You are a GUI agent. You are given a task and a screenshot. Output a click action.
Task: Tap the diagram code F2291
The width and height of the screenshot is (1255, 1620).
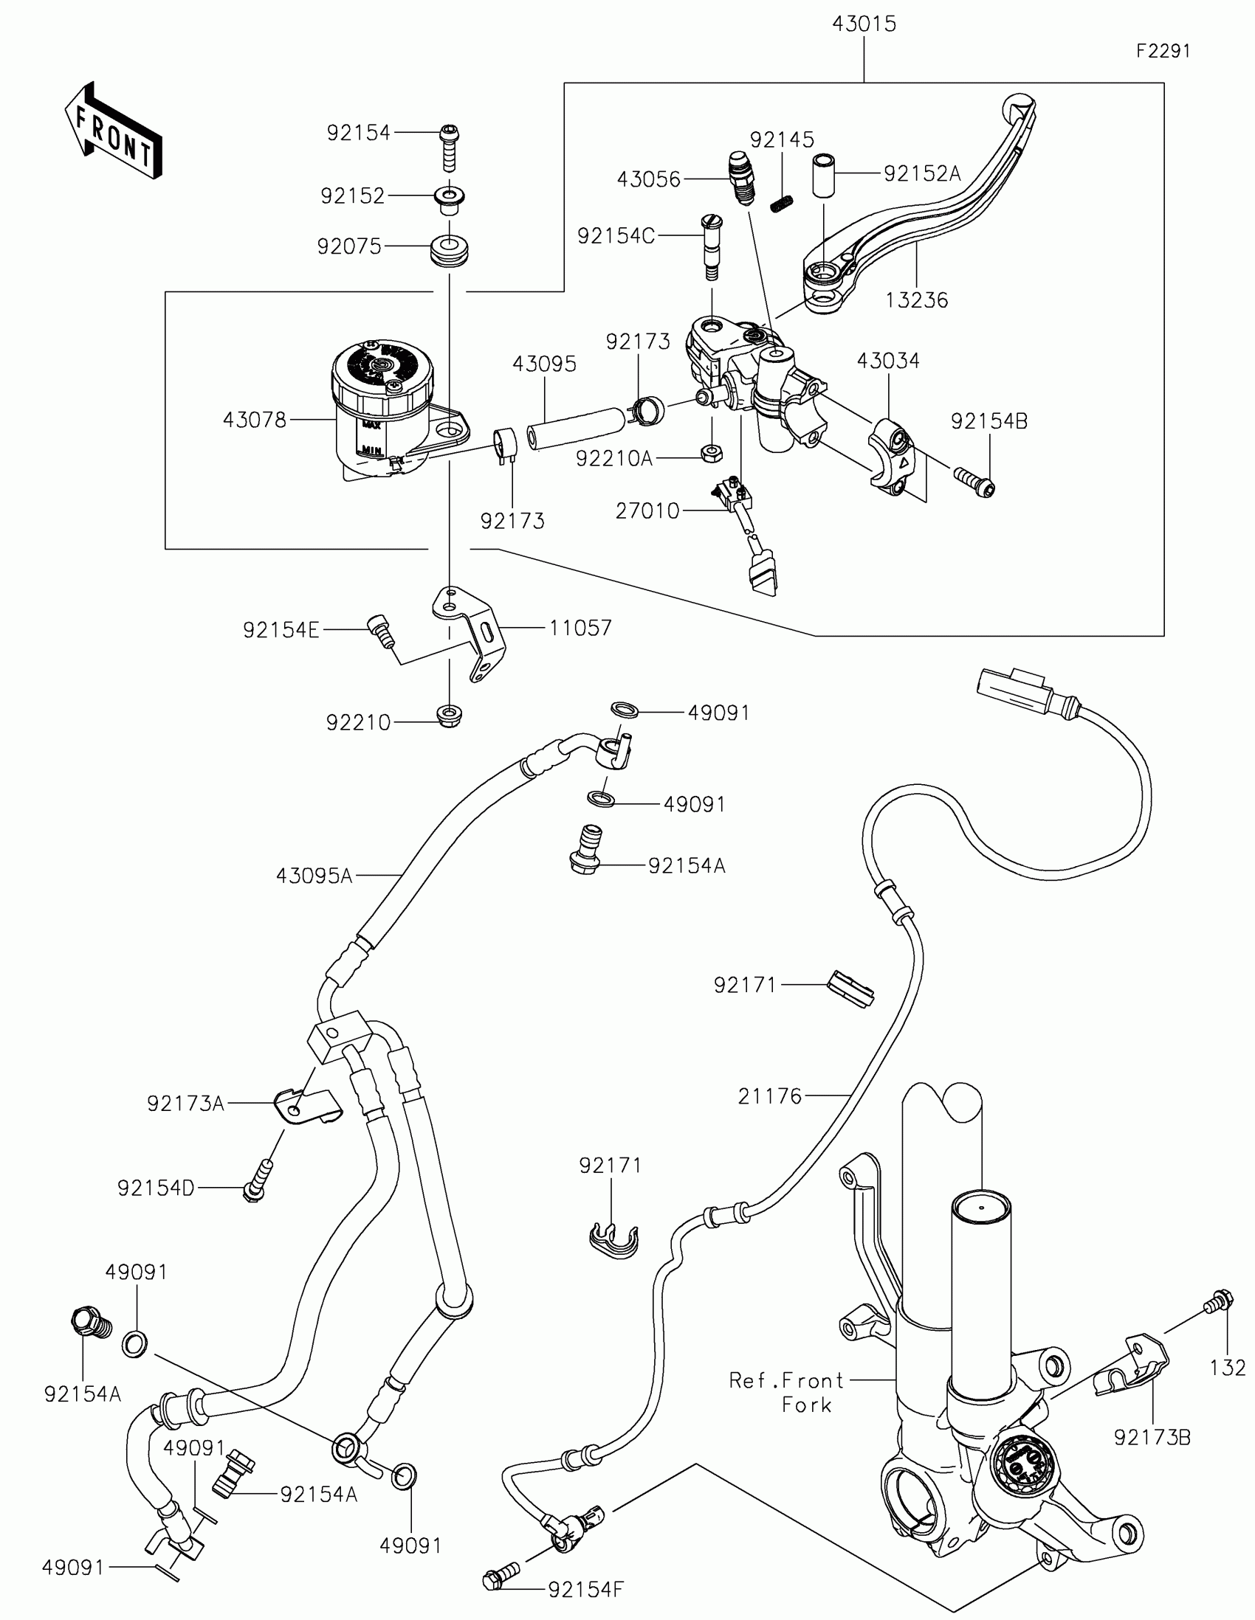(1163, 51)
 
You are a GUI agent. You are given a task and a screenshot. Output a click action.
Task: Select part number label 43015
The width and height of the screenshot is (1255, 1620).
(864, 24)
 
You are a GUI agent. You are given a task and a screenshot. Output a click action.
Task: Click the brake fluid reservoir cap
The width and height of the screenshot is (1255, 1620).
(382, 369)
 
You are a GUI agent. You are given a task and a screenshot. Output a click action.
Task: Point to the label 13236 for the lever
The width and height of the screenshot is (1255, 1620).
(917, 300)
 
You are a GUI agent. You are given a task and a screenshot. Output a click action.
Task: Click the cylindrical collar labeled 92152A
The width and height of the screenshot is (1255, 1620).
(824, 175)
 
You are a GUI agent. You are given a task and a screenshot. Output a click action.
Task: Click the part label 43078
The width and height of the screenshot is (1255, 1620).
(255, 420)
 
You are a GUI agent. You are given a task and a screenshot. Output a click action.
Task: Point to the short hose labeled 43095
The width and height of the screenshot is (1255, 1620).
(575, 428)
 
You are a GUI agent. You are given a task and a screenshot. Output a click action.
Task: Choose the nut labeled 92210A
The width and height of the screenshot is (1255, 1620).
(712, 451)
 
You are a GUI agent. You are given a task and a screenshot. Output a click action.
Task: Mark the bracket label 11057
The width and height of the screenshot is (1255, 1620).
(580, 629)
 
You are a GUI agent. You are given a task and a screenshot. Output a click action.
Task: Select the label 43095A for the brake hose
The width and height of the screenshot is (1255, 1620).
(314, 876)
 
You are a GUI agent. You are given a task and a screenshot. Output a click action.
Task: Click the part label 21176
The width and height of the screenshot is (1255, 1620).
(770, 1095)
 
